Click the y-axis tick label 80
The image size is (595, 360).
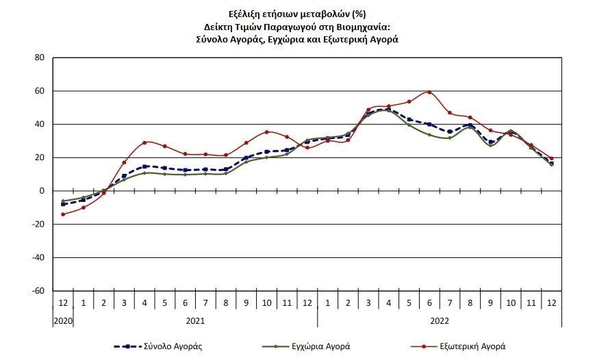click(x=40, y=58)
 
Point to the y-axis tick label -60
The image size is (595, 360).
click(x=38, y=291)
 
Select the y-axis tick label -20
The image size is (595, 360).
click(x=38, y=224)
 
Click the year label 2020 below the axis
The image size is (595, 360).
click(x=63, y=320)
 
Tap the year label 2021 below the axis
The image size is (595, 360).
click(x=195, y=320)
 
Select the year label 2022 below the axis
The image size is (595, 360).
click(x=440, y=320)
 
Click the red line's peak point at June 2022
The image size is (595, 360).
click(x=429, y=92)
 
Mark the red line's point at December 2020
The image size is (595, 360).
click(x=63, y=214)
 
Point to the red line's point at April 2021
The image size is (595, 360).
click(x=144, y=142)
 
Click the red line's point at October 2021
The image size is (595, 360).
click(x=266, y=132)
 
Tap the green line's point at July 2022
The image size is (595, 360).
click(x=450, y=138)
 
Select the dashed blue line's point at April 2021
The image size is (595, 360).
click(x=144, y=166)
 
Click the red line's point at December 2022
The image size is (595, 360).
click(x=551, y=158)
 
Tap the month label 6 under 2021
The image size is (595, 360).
click(x=185, y=303)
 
